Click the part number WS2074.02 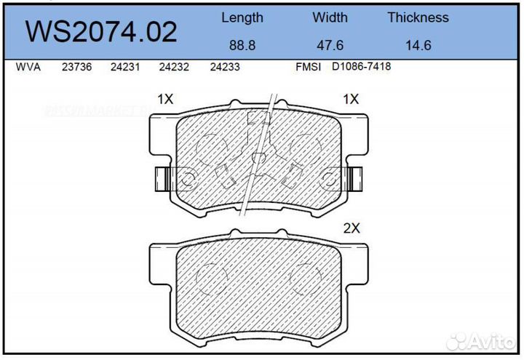[x=101, y=31]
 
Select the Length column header [x=242, y=17]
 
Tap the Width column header [x=330, y=17]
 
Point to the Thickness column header [x=418, y=17]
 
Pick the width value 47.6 [x=330, y=44]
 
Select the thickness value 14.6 [x=418, y=44]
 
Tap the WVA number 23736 [x=77, y=67]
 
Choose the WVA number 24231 [x=125, y=67]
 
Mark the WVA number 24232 [x=174, y=67]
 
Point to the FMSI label [x=309, y=67]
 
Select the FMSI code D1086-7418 [x=362, y=67]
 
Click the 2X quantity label [x=352, y=228]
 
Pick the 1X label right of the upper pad [x=352, y=99]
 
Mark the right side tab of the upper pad [x=355, y=177]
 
